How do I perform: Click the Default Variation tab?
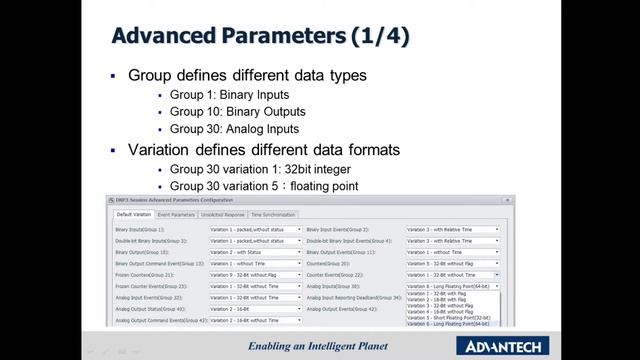pyautogui.click(x=134, y=214)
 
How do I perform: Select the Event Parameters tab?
pyautogui.click(x=176, y=214)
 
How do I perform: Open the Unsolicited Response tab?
pyautogui.click(x=222, y=214)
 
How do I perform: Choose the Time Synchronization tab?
pyautogui.click(x=273, y=214)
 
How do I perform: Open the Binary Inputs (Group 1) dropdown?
pyautogui.click(x=255, y=229)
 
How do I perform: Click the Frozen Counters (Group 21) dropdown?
pyautogui.click(x=255, y=274)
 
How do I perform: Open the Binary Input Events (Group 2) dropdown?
pyautogui.click(x=452, y=229)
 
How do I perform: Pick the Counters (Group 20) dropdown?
pyautogui.click(x=452, y=263)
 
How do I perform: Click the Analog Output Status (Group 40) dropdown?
pyautogui.click(x=255, y=309)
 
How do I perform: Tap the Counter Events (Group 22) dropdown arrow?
pyautogui.click(x=497, y=274)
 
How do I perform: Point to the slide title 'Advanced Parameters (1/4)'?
pyautogui.click(x=260, y=37)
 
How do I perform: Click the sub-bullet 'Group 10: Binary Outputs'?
pyautogui.click(x=237, y=112)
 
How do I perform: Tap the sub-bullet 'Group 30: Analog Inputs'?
pyautogui.click(x=234, y=128)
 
